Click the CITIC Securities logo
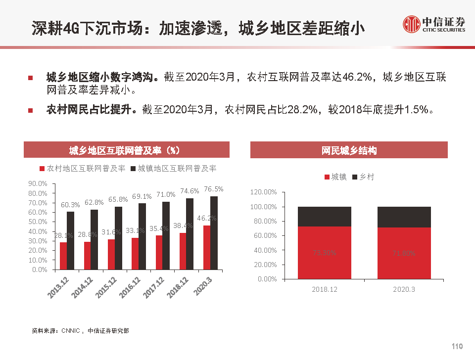coord(434,24)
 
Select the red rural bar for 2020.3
coord(206,247)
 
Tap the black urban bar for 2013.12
coord(71,240)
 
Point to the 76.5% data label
coord(214,189)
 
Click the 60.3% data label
coord(70,204)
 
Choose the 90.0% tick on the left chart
coord(38,183)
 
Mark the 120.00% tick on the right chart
coord(265,192)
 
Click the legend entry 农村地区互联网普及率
coord(86,169)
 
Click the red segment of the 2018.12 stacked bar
coord(324,253)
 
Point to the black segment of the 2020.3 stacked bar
coord(404,217)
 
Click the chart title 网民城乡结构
coord(349,150)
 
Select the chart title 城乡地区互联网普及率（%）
coord(127,150)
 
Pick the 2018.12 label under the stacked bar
coord(324,289)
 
